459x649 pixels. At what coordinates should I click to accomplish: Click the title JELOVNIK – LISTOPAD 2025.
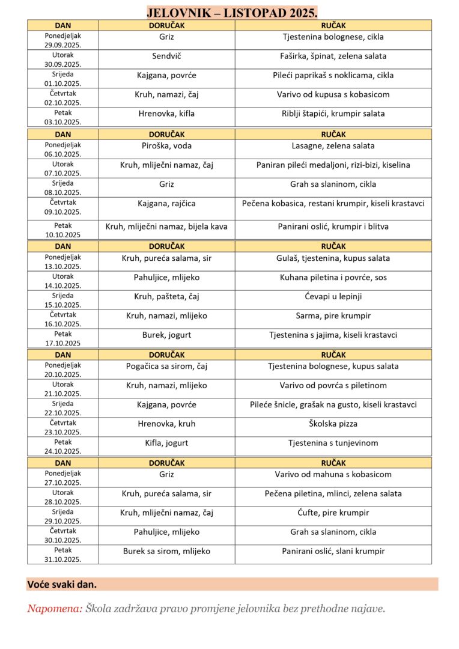pos(232,13)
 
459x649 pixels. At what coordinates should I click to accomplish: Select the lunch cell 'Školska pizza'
pos(333,424)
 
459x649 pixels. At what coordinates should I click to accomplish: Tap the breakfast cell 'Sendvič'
pos(166,56)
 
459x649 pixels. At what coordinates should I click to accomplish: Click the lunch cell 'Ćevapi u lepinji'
pos(333,296)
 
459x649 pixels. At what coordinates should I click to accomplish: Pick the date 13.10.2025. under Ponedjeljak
pos(62,267)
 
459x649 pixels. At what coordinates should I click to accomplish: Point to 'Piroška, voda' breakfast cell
pos(166,145)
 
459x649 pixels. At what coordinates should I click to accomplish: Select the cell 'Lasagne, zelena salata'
pos(333,145)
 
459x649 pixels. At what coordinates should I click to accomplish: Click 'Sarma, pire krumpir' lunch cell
pos(333,315)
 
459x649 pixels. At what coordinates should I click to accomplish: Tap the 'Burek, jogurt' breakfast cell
pos(166,335)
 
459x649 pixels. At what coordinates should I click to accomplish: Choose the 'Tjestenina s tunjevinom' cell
pos(333,443)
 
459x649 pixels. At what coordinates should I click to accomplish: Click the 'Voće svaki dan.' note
pos(62,584)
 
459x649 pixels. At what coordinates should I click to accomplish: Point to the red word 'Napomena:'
pos(55,609)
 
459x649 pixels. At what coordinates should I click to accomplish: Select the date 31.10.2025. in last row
pos(62,559)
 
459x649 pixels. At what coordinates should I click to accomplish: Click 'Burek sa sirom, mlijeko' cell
pos(166,551)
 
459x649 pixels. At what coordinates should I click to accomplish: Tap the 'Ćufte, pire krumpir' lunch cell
pos(333,513)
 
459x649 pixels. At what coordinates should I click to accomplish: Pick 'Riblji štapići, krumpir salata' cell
pos(333,114)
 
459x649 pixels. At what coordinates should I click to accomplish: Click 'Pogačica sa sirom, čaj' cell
pos(166,366)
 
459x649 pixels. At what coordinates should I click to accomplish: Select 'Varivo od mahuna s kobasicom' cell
pos(333,474)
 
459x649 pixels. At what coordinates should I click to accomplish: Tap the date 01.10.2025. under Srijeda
pos(62,84)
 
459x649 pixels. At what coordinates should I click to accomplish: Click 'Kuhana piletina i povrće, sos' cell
pos(333,278)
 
